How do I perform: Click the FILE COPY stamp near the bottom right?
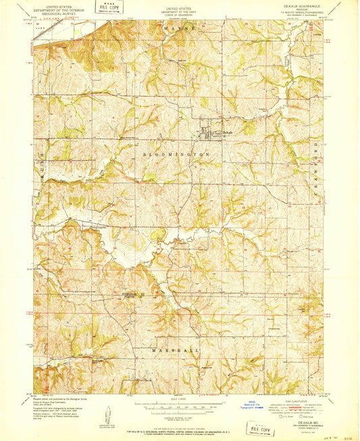coord(260,427)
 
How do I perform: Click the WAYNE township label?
coord(179,30)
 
